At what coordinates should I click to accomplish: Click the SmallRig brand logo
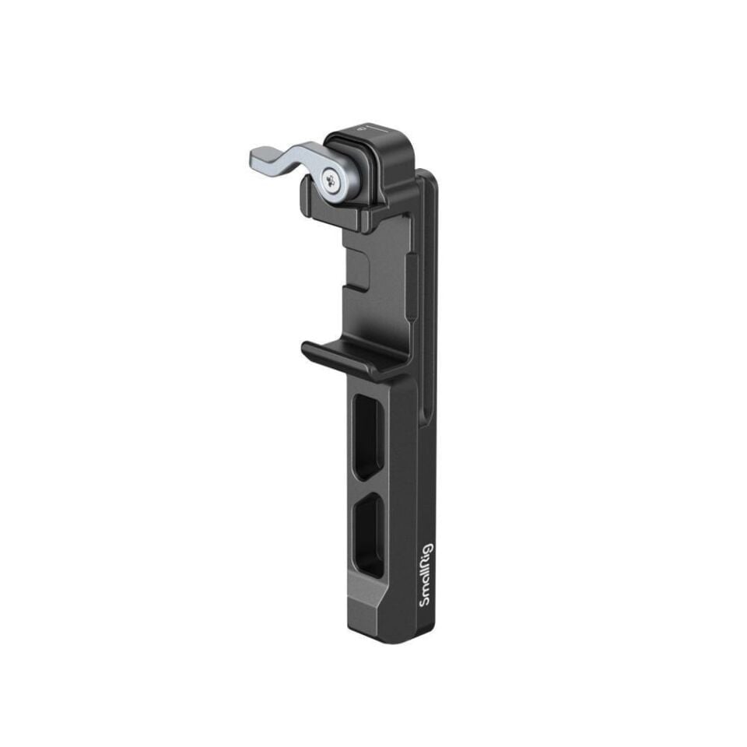(x=427, y=574)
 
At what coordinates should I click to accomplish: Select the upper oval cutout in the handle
(x=368, y=436)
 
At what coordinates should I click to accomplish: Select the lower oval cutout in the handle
(x=369, y=535)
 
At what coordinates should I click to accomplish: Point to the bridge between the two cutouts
(x=369, y=486)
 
